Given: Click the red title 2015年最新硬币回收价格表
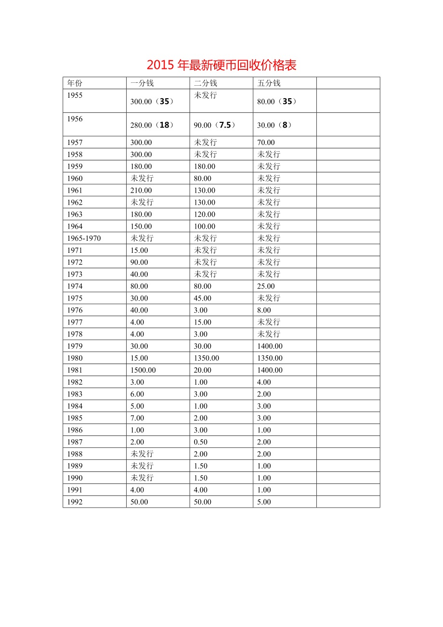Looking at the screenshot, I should point(221,65).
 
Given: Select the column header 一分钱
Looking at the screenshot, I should point(142,83).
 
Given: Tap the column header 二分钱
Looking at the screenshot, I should point(206,83).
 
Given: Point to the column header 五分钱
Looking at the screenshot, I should point(269,83).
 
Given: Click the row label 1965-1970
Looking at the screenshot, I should point(84,238).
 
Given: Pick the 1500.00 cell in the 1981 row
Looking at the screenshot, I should point(143,370).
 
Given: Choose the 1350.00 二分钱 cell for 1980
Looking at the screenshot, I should point(207,358).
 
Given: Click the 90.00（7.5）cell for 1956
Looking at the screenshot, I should point(215,125).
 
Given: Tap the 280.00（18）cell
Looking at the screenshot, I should point(152,125).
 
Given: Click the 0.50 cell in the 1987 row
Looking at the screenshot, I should point(201,442).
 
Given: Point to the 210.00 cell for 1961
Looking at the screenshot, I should point(141,191).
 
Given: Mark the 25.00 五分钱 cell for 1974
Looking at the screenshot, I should point(266,287).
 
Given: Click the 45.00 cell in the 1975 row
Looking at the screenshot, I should point(203,299).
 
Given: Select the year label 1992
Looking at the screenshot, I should point(75,502).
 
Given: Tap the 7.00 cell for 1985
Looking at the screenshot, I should point(137,418).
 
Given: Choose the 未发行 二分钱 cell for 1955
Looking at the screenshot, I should point(206,95).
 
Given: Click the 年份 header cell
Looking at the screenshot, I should point(75,83).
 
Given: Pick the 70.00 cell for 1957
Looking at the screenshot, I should point(266,143).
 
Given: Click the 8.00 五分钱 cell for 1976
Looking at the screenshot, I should point(264,311).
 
